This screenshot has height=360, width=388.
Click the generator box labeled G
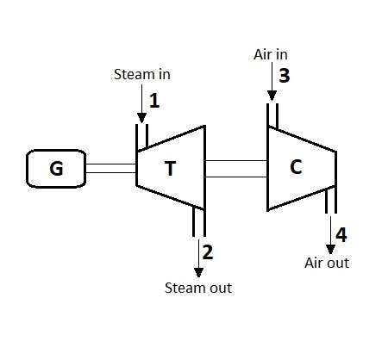tap(56, 168)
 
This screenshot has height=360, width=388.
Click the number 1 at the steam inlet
tap(154, 101)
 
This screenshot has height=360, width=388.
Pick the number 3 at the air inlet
tap(284, 76)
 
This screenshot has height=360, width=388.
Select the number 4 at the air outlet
tap(341, 234)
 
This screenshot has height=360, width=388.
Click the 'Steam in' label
tap(142, 74)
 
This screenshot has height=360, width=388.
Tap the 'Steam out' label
tap(197, 287)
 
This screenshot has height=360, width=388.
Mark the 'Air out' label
tap(328, 263)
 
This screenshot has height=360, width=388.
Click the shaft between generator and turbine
tap(110, 168)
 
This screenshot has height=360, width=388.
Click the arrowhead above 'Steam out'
tap(199, 270)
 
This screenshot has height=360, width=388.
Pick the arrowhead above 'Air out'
tap(331, 246)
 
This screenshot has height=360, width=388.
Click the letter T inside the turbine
tap(171, 168)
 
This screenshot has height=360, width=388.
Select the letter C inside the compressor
tap(296, 167)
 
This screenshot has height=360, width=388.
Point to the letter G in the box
tap(56, 168)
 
